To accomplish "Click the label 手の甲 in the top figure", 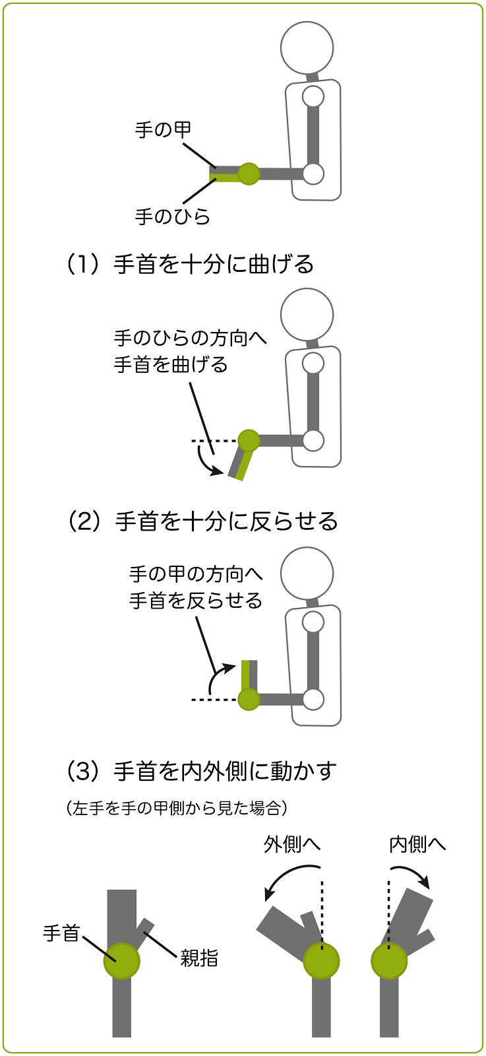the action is pyautogui.click(x=163, y=129).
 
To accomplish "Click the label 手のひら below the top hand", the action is pyautogui.click(x=172, y=216).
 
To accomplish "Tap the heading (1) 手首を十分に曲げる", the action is pyautogui.click(x=190, y=264).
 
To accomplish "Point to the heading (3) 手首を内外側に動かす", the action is pyautogui.click(x=202, y=772).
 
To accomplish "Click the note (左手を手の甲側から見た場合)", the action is pyautogui.click(x=177, y=808).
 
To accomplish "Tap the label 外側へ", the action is pyautogui.click(x=292, y=844).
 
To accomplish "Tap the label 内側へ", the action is pyautogui.click(x=417, y=844).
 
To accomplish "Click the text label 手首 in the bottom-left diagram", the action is pyautogui.click(x=61, y=933).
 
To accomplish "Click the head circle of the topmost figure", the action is pyautogui.click(x=307, y=47).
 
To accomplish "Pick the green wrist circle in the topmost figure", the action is pyautogui.click(x=249, y=174).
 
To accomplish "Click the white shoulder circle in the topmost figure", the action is pyautogui.click(x=313, y=97).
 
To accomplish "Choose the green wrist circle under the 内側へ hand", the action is pyautogui.click(x=389, y=962).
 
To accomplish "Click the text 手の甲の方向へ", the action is pyautogui.click(x=196, y=574).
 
